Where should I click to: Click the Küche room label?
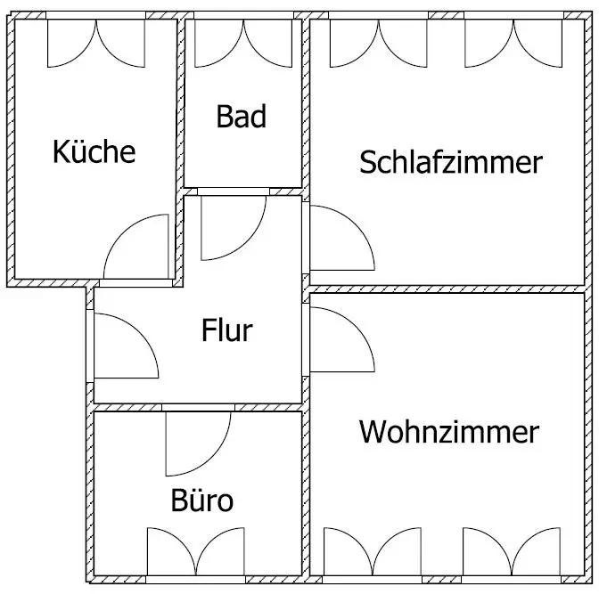[94, 152]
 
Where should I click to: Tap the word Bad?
[241, 117]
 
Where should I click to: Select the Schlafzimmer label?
[451, 162]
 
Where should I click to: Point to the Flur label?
[227, 330]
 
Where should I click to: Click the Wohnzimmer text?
[449, 432]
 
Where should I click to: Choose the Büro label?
[202, 500]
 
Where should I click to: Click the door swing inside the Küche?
[136, 247]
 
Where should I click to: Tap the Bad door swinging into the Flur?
[234, 228]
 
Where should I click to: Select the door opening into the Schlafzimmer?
[342, 238]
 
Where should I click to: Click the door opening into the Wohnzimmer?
[342, 339]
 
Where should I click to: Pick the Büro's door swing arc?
[198, 444]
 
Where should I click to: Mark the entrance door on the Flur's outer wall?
[127, 346]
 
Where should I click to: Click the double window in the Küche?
[96, 43]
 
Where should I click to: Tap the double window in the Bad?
[243, 43]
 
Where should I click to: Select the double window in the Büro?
[196, 551]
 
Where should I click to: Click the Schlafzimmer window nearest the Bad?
[379, 43]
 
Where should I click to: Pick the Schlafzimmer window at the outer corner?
[513, 43]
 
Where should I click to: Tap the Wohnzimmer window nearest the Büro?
[373, 551]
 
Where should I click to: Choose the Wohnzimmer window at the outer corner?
[512, 551]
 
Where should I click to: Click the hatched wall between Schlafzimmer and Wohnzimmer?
[447, 289]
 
